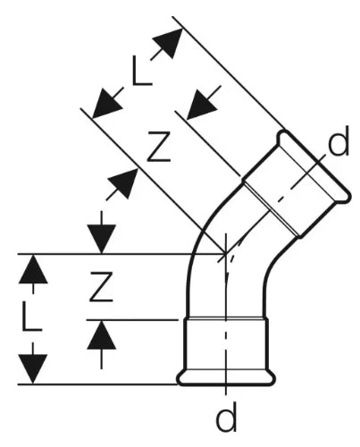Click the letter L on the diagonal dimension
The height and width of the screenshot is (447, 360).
142,72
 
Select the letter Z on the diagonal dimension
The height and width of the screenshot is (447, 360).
159,147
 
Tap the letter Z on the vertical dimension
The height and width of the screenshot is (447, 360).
102,287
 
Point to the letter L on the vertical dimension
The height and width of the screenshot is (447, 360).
31,316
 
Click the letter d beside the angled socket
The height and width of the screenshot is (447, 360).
339,141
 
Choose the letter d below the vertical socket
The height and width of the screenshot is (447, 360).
226,417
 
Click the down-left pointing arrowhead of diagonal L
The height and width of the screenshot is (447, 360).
105,105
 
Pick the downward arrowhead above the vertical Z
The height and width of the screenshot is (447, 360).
102,240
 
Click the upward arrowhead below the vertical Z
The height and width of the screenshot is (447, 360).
102,334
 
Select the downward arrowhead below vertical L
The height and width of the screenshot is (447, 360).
33,369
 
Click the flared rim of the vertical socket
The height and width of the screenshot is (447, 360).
226,378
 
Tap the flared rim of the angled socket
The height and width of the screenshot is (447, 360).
314,167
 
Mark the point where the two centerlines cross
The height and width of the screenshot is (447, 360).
226,254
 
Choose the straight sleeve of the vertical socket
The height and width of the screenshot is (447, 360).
226,344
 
